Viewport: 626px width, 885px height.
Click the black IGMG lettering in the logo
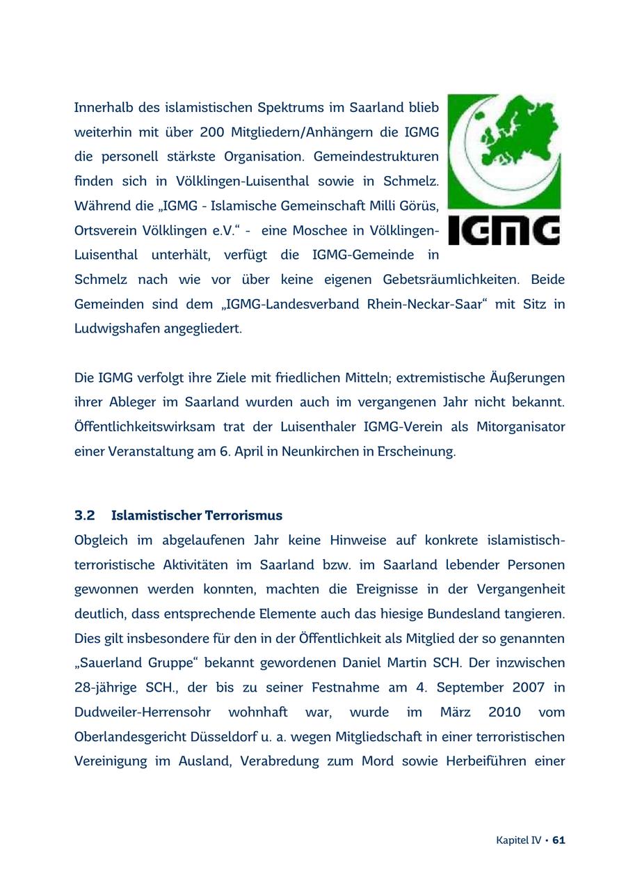(504, 230)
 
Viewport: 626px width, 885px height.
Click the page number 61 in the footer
(559, 840)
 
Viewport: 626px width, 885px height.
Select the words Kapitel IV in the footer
(518, 840)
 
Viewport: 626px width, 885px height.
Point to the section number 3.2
(85, 516)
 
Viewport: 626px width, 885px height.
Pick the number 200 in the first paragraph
(212, 132)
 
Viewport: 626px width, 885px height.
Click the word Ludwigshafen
(117, 328)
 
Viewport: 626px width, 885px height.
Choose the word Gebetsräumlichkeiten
(451, 280)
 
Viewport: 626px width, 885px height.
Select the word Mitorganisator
(520, 426)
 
